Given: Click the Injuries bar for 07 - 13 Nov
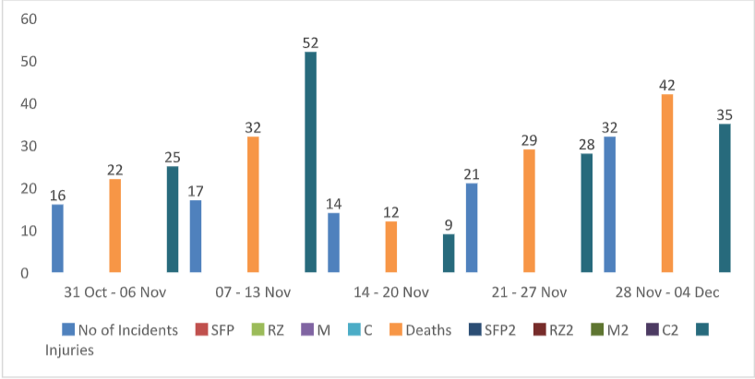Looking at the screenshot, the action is pyautogui.click(x=310, y=162).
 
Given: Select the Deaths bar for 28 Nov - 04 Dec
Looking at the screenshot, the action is pyautogui.click(x=667, y=184).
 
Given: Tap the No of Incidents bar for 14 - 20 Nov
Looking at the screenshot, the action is pyautogui.click(x=334, y=243).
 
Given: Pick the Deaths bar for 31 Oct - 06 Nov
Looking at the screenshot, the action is pyautogui.click(x=115, y=226).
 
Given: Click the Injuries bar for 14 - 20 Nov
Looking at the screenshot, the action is pyautogui.click(x=449, y=254).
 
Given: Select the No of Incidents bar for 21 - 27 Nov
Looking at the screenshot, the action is pyautogui.click(x=472, y=228).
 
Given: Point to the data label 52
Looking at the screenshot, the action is pyautogui.click(x=310, y=43).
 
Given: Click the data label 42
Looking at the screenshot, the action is pyautogui.click(x=667, y=86).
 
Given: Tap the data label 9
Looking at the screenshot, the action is pyautogui.click(x=449, y=226).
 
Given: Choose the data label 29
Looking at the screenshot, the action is pyautogui.click(x=529, y=140).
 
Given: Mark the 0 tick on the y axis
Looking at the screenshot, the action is pyautogui.click(x=25, y=273).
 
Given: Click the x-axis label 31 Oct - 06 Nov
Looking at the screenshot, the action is pyautogui.click(x=115, y=292).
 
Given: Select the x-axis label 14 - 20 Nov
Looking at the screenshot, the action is pyautogui.click(x=391, y=292).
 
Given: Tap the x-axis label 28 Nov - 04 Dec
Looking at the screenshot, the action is pyautogui.click(x=667, y=292).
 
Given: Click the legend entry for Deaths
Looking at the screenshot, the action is pyautogui.click(x=421, y=330).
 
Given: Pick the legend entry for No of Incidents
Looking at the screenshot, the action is pyautogui.click(x=120, y=330).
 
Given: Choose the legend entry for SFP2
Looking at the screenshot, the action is pyautogui.click(x=494, y=330).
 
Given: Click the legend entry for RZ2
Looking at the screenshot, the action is pyautogui.click(x=554, y=330).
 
